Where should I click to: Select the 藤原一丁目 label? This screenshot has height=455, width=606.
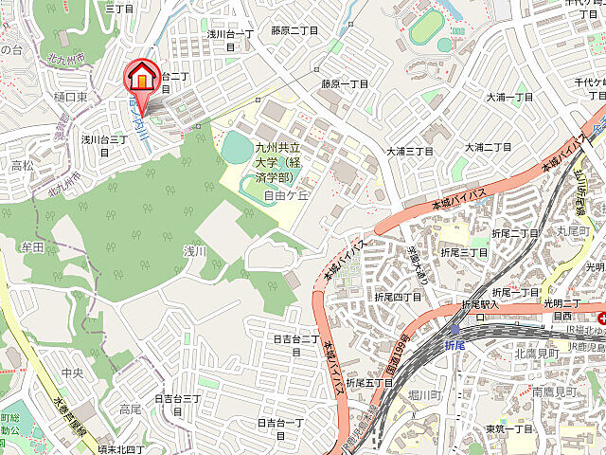[x=343, y=83]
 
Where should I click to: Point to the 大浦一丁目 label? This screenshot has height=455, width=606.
[x=509, y=97]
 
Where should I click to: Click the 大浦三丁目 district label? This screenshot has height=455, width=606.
[x=409, y=151]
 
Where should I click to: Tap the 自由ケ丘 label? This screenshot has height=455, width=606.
[x=286, y=196]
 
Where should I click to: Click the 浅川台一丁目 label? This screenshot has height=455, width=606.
[x=231, y=34]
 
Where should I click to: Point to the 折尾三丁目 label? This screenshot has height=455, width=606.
[x=464, y=252]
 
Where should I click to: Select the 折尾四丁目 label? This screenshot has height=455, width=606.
[x=398, y=297]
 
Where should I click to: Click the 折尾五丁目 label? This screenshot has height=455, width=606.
[x=369, y=382]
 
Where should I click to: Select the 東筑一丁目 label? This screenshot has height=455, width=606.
[x=508, y=428]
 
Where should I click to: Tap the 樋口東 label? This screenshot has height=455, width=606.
[x=71, y=97]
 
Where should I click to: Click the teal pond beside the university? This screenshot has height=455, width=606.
[x=237, y=147]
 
